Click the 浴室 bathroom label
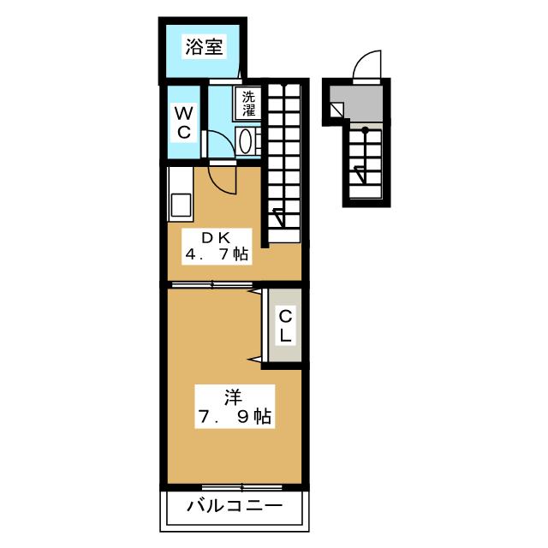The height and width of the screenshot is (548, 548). [204, 46]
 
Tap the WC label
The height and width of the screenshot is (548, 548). [183, 122]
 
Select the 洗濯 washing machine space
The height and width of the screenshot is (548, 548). [248, 104]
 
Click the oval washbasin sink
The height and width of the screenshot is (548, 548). [245, 140]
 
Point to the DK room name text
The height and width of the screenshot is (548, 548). [217, 238]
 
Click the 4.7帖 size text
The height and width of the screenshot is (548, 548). [217, 254]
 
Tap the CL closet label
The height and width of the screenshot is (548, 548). [285, 325]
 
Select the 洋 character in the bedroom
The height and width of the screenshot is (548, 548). [233, 397]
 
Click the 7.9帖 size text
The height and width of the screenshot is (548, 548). [235, 416]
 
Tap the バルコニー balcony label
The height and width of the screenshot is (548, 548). [235, 506]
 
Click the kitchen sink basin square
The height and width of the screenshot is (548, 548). [181, 205]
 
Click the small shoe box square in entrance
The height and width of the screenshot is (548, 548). [337, 110]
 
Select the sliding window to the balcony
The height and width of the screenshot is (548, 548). [242, 486]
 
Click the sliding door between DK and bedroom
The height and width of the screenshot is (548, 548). [212, 284]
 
